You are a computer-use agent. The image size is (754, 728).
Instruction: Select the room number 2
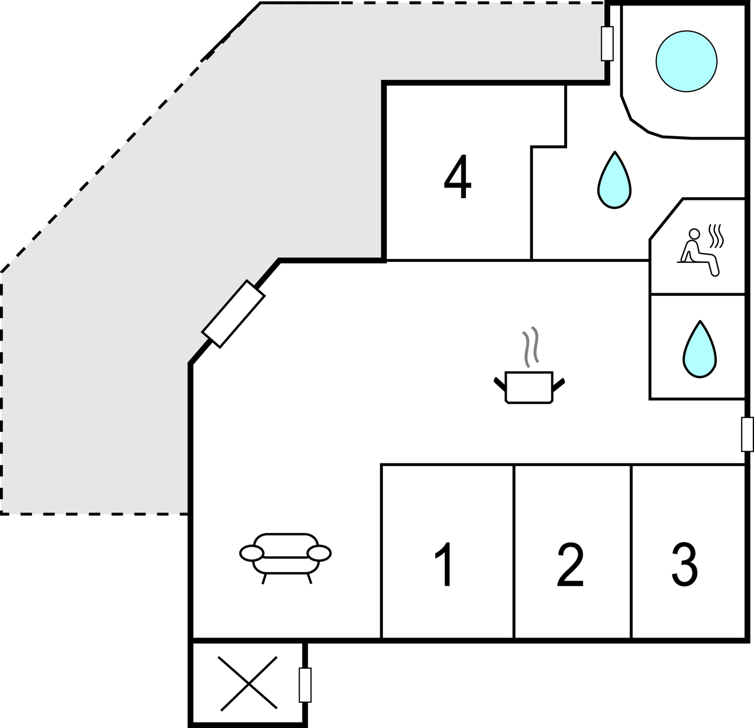pyautogui.click(x=570, y=566)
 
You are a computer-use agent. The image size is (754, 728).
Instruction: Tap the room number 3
pyautogui.click(x=684, y=566)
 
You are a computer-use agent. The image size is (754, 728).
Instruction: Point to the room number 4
pyautogui.click(x=458, y=178)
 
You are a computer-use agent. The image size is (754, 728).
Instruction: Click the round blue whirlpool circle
pyautogui.click(x=686, y=61)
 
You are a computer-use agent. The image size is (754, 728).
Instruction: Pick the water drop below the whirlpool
pyautogui.click(x=614, y=181)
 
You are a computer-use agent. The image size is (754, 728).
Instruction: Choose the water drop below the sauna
pyautogui.click(x=699, y=349)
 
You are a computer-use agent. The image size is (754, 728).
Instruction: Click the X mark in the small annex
pyautogui.click(x=247, y=683)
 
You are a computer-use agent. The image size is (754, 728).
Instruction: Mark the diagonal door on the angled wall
pyautogui.click(x=233, y=314)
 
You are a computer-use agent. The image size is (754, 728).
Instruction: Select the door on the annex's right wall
pyautogui.click(x=305, y=684)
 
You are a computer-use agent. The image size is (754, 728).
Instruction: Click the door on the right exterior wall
pyautogui.click(x=747, y=434)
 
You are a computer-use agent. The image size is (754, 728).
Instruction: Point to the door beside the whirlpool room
pyautogui.click(x=607, y=43)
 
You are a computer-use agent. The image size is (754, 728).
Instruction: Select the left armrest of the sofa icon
pyautogui.click(x=252, y=553)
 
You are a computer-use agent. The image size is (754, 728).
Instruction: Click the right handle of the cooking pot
pyautogui.click(x=559, y=383)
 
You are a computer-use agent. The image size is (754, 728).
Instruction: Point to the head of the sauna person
pyautogui.click(x=694, y=233)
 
